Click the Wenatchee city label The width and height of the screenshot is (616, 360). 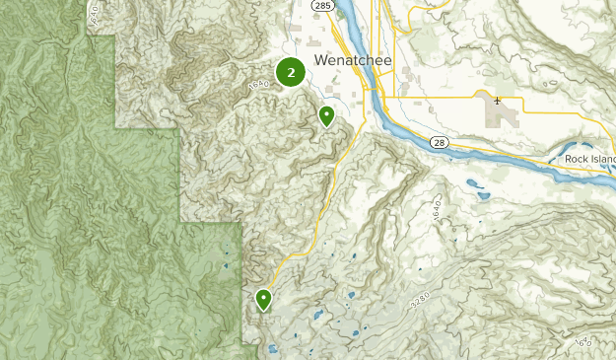(353, 61)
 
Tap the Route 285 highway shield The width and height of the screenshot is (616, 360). (324, 6)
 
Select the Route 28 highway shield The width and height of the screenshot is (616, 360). (439, 143)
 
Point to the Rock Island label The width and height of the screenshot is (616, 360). (589, 159)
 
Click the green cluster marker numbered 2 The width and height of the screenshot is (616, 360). (290, 72)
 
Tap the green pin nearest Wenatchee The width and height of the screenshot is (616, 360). (326, 117)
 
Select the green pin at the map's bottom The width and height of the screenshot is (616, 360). (264, 299)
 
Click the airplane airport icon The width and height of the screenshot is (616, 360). (497, 100)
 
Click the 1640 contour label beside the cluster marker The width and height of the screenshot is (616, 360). (258, 88)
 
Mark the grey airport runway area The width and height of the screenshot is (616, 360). (505, 117)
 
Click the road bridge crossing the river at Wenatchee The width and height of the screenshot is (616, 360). (375, 97)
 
